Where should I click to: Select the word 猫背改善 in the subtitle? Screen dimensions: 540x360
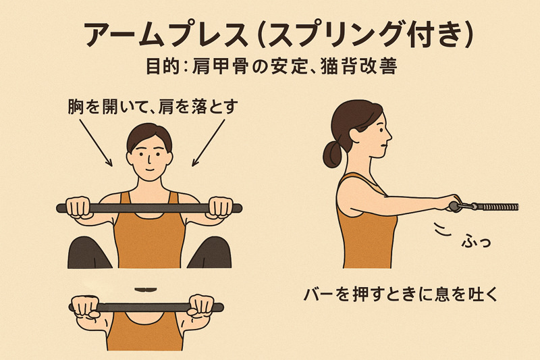[x=358, y=66]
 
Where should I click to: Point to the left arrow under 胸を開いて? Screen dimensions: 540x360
[x=96, y=143]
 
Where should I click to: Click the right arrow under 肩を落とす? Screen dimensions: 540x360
[x=209, y=143]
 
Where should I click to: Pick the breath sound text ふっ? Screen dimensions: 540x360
[x=476, y=241]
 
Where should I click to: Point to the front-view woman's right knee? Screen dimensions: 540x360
[x=211, y=252]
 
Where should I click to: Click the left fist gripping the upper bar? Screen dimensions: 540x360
[x=78, y=207]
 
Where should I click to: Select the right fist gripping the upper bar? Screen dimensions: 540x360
[x=221, y=207]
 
